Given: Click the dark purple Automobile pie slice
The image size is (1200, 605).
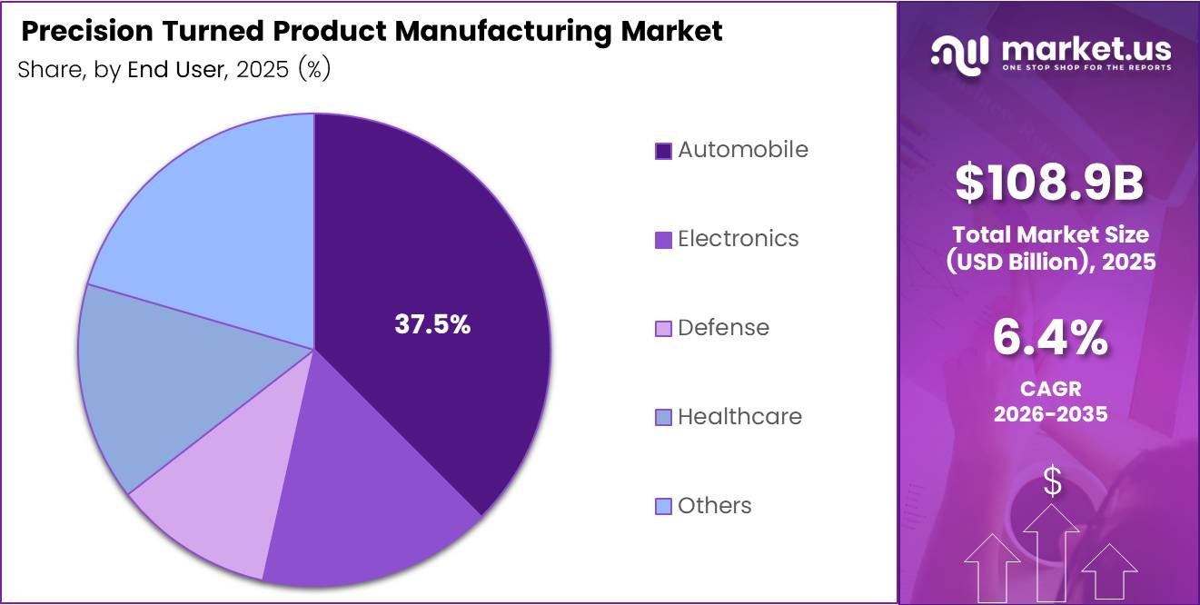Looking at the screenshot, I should [x=436, y=273].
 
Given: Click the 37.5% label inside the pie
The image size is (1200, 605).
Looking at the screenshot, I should [x=432, y=325].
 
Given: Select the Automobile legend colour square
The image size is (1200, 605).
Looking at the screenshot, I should [x=663, y=151].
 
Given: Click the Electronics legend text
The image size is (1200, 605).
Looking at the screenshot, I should [x=738, y=239].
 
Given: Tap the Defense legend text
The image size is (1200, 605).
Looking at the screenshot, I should [x=723, y=328].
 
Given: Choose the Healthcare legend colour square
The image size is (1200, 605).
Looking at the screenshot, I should [x=663, y=418].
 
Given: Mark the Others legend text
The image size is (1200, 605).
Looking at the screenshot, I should [x=714, y=506].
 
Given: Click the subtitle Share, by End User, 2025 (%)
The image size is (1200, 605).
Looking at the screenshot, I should [x=174, y=70].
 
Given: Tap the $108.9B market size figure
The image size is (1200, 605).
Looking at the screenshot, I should [x=1049, y=182].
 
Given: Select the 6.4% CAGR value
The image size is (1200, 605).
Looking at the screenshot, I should [x=1049, y=339].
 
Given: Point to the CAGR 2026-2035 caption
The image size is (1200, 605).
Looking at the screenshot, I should [x=1050, y=402].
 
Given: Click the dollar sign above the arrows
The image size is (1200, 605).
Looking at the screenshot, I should [x=1052, y=482].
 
